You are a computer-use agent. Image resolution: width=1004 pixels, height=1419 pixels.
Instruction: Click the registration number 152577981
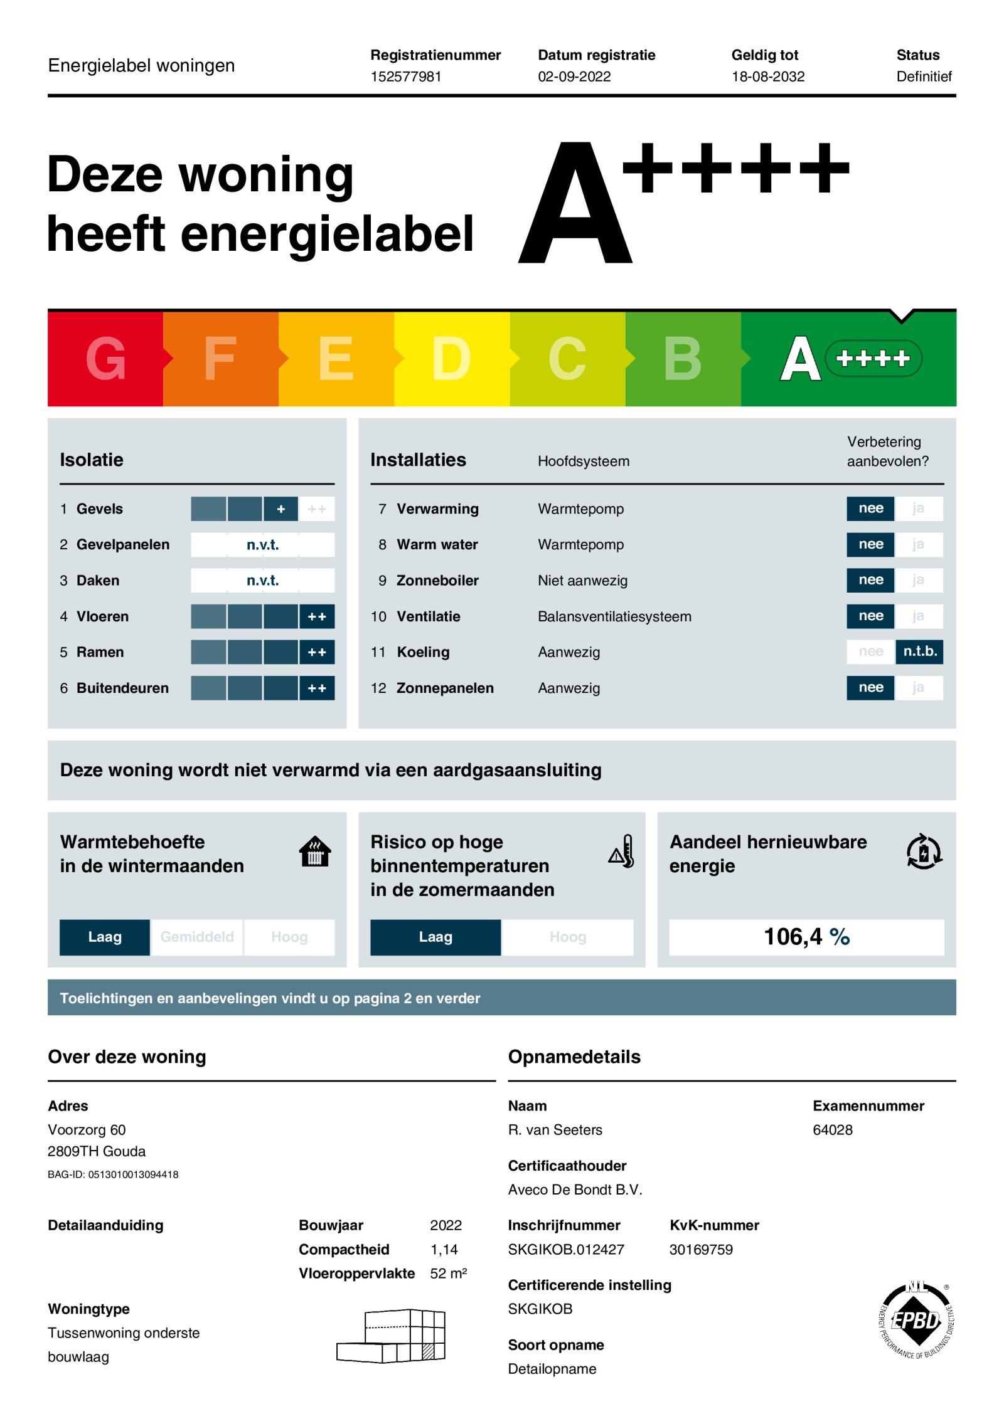pos(405,76)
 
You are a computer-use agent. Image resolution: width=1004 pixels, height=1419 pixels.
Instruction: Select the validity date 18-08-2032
pos(767,76)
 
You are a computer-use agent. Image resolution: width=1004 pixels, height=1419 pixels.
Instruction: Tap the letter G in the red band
pos(105,359)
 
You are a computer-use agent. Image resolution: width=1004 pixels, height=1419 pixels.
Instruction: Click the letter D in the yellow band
pos(451,359)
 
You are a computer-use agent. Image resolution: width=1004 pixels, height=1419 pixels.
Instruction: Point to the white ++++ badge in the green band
pos(873,359)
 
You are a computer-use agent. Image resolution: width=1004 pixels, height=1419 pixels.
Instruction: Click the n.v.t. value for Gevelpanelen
pos(262,545)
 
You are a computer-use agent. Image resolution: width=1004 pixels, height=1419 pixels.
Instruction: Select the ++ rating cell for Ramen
pos(317,652)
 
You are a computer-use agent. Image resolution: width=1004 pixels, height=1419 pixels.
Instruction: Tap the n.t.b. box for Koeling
pos(919,651)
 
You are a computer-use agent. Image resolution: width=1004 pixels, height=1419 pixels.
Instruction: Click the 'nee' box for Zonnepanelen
pos(870,687)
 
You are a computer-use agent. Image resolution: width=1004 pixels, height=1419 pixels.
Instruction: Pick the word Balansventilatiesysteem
pos(614,616)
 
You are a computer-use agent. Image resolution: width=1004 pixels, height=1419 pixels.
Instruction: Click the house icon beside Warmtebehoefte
pos(315,852)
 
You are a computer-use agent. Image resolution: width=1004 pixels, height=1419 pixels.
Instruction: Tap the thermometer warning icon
pos(622,852)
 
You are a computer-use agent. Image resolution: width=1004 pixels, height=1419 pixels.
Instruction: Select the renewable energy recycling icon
pos(924,852)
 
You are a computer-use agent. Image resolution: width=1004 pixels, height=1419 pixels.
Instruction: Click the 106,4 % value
pos(806,937)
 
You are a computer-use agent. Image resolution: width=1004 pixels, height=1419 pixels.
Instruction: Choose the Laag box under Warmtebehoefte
pos(105,937)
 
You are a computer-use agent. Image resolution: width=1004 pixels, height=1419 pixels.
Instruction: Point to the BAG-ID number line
pos(113,1174)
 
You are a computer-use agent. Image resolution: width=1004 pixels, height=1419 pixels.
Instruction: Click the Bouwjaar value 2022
pos(446,1225)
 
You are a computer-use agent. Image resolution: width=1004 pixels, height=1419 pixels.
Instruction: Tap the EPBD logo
pos(916,1321)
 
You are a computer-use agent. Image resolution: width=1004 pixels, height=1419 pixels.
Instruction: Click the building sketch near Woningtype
pos(392,1336)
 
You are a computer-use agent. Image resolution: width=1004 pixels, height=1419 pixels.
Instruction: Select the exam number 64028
pos(832,1130)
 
